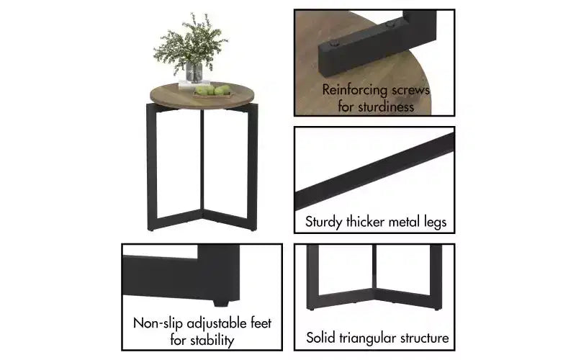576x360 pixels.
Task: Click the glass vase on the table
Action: [x=194, y=73]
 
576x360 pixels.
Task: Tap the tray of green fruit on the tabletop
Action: [x=212, y=91]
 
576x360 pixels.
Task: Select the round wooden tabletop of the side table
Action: [x=202, y=96]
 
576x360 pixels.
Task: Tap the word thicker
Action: [x=365, y=222]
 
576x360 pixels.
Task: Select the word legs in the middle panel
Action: [x=436, y=222]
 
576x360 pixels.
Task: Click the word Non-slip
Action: [x=158, y=323]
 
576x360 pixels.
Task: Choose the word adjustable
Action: [x=217, y=323]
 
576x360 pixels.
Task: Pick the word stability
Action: [x=212, y=340]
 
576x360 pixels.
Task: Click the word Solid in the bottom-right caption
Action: [x=320, y=338]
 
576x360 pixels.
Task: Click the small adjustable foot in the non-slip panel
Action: [x=221, y=303]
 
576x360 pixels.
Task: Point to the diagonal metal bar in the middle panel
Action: [x=374, y=171]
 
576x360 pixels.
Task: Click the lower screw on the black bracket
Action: [x=334, y=44]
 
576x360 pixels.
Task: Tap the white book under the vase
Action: [x=194, y=84]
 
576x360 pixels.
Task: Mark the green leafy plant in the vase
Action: [x=191, y=42]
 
